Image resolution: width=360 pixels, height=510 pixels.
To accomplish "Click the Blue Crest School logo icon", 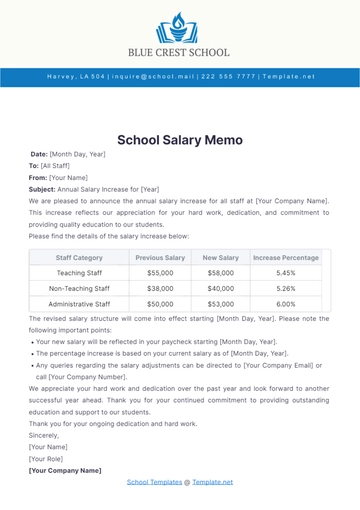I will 179,24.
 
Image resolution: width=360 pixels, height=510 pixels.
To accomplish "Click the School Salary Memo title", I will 179,140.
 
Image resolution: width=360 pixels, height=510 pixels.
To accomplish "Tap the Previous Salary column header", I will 160,257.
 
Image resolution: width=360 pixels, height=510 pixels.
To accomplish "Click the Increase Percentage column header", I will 286,257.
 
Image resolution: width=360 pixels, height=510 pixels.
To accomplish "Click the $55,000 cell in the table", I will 160,272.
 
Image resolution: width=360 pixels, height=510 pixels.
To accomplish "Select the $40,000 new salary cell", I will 220,288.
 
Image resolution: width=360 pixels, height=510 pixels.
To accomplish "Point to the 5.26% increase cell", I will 286,288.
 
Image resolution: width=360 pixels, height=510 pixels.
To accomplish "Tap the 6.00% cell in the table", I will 286,303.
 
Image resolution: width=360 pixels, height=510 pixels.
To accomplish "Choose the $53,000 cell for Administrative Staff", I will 220,303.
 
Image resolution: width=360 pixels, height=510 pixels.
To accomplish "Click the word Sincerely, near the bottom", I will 44,435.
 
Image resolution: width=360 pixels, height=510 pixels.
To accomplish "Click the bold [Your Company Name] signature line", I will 65,470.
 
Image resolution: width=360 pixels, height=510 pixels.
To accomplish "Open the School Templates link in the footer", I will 153,482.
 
